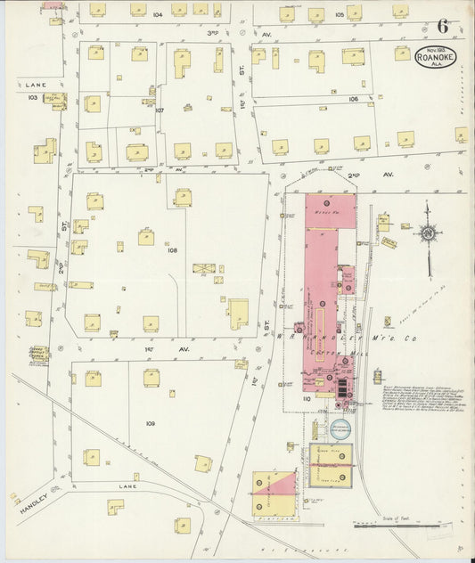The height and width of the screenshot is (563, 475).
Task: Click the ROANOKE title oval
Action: pos(437,59)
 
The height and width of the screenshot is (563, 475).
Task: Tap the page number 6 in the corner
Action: pos(442,28)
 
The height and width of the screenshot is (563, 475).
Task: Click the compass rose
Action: pos(428,233)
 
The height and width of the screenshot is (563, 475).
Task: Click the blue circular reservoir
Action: pos(341,428)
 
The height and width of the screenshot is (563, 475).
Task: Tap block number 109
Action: pos(150,423)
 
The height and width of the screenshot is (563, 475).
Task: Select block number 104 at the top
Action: pos(157,15)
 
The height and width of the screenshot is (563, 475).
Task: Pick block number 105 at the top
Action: pos(339,15)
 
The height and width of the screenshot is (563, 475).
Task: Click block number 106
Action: pos(354,99)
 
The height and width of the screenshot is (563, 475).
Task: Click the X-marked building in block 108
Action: pos(203,268)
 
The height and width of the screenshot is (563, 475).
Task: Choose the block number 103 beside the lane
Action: pos(33,95)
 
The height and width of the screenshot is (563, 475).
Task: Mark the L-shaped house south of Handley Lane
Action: pos(115,507)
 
